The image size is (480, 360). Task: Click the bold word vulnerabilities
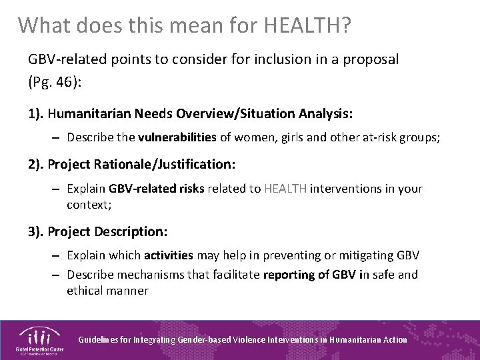[177, 137]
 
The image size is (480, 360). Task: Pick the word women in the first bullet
[251, 137]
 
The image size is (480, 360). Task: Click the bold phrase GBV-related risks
[157, 189]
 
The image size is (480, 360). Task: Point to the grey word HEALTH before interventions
[286, 189]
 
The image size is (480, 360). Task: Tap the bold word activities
[169, 255]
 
